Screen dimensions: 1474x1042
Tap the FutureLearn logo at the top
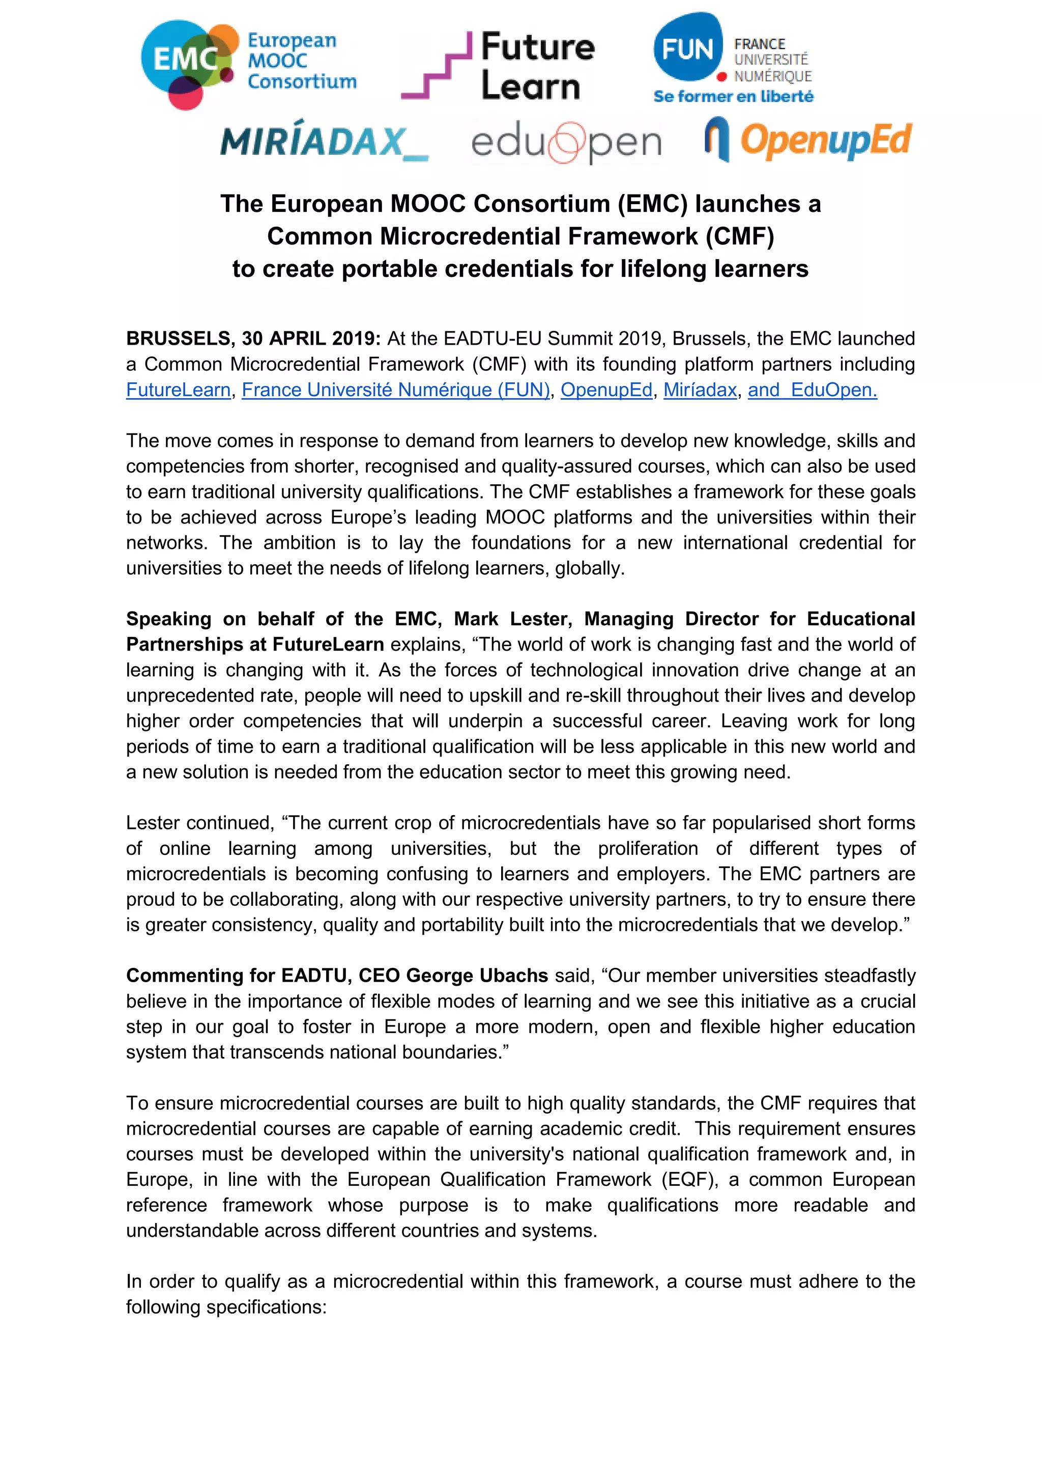point(499,66)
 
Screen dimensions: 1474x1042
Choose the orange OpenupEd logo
point(808,140)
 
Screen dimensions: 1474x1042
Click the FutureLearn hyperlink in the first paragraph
point(178,390)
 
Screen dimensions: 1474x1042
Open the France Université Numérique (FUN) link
point(395,390)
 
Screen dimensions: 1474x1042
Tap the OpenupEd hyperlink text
point(606,390)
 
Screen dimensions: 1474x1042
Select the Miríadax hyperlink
point(700,390)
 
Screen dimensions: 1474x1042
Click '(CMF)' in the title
point(740,236)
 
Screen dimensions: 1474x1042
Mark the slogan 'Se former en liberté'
point(733,97)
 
